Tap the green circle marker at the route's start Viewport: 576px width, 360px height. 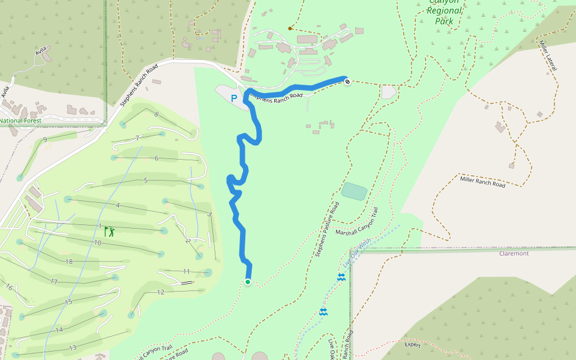[247, 282]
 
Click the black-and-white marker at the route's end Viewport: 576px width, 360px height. [347, 81]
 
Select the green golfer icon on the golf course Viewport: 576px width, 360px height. [109, 231]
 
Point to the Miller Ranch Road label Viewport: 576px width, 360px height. [482, 181]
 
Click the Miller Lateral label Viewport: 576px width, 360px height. [548, 56]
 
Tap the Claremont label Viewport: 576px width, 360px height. [514, 253]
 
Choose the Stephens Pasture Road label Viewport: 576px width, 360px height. [328, 229]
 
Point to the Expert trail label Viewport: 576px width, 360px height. [412, 345]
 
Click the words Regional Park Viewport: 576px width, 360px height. [445, 16]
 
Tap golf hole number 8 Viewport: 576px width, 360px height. [156, 114]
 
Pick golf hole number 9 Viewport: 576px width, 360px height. [46, 140]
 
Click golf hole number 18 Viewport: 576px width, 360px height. [69, 262]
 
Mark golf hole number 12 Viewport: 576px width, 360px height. [160, 292]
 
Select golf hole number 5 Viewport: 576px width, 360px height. [145, 180]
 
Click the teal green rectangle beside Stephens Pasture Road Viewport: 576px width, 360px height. [354, 191]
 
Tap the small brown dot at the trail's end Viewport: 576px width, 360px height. [290, 28]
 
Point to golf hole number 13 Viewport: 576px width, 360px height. [73, 348]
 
